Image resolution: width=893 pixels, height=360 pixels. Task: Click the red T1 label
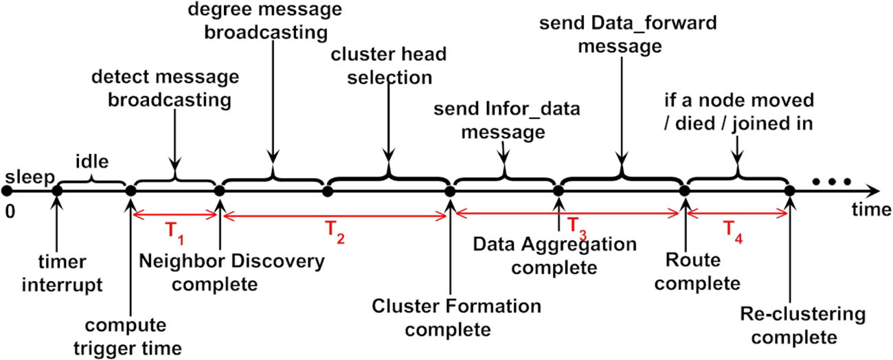pyautogui.click(x=177, y=232)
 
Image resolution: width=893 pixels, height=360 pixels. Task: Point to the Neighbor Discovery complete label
pyautogui.click(x=231, y=271)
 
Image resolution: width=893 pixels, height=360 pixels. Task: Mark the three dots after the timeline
pyautogui.click(x=832, y=182)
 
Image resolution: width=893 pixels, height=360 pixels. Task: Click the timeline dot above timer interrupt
pyautogui.click(x=57, y=191)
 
